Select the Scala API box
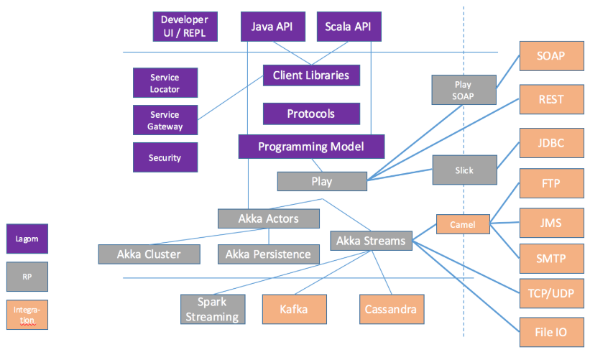[x=349, y=27]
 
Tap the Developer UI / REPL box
[x=185, y=27]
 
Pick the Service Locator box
[x=165, y=83]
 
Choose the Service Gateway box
[x=165, y=120]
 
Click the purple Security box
[x=165, y=157]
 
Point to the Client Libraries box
[x=311, y=75]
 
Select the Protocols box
[x=311, y=114]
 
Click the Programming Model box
[x=311, y=147]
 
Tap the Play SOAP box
[x=463, y=90]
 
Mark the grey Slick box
[x=464, y=170]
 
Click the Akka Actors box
[x=269, y=218]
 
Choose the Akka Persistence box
[x=268, y=254]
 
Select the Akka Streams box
[x=371, y=241]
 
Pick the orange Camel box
[x=463, y=224]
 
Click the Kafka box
[x=295, y=309]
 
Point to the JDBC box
[x=550, y=143]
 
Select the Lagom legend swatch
[x=28, y=239]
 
